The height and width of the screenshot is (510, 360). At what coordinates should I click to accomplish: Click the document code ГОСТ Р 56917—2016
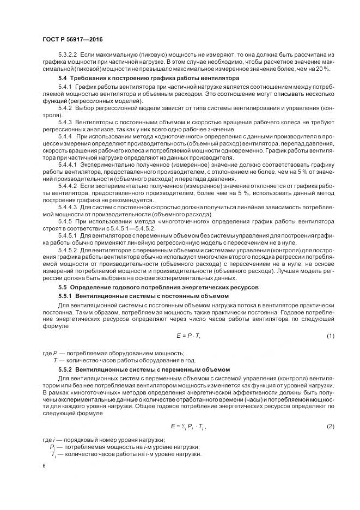[x=72, y=40]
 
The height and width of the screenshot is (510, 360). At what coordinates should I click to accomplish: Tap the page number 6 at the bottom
[x=44, y=466]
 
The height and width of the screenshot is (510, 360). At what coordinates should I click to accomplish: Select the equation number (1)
[x=330, y=336]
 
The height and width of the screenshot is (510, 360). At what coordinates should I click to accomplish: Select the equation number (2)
[x=330, y=426]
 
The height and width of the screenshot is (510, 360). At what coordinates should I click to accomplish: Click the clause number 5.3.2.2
[x=68, y=56]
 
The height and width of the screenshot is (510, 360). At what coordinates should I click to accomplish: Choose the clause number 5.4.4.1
[x=68, y=164]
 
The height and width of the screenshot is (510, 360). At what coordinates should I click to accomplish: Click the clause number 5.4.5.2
[x=68, y=249]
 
